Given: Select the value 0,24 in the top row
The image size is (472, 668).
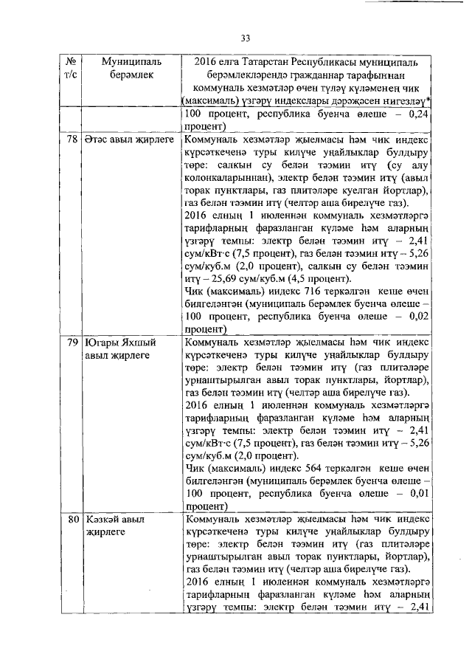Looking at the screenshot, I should click(x=418, y=114).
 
